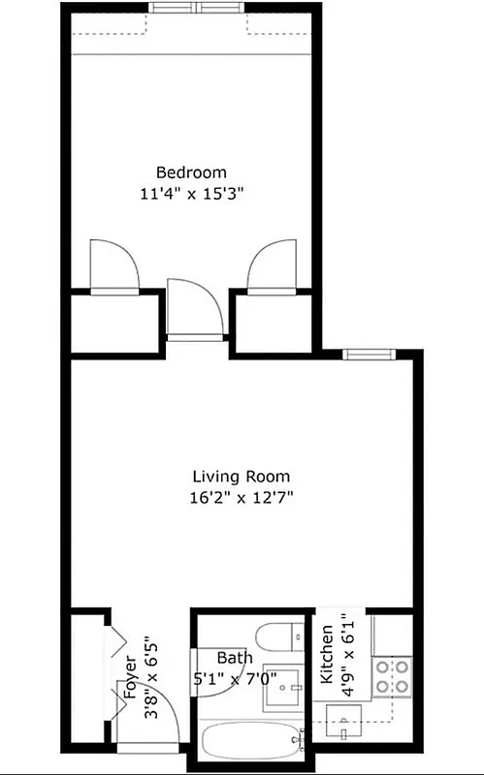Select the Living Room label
click(241, 477)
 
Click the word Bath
click(234, 657)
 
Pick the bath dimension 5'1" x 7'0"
click(234, 677)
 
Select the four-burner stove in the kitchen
click(394, 675)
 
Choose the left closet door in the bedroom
click(109, 267)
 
